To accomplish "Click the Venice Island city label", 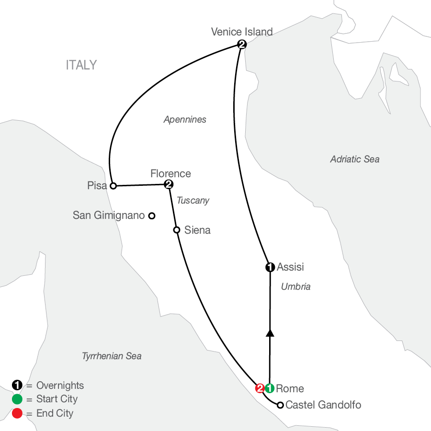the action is pyautogui.click(x=242, y=32).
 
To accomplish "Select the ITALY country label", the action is pyautogui.click(x=81, y=65).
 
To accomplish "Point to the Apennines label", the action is pyautogui.click(x=185, y=120).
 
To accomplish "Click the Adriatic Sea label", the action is pyautogui.click(x=354, y=159).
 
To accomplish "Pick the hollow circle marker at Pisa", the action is pyautogui.click(x=113, y=185).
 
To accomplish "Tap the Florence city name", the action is pyautogui.click(x=170, y=173).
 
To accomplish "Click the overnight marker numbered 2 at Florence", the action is pyautogui.click(x=168, y=184).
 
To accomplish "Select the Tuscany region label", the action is pyautogui.click(x=193, y=200).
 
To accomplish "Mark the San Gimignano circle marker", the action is pyautogui.click(x=152, y=215).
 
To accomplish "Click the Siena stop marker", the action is pyautogui.click(x=176, y=230).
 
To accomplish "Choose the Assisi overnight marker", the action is pyautogui.click(x=270, y=267).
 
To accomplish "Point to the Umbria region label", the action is pyautogui.click(x=295, y=287).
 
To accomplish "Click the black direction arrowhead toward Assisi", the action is pyautogui.click(x=270, y=332).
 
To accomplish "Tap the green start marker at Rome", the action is pyautogui.click(x=269, y=388).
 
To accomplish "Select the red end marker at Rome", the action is pyautogui.click(x=260, y=388).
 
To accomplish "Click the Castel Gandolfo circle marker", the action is pyautogui.click(x=280, y=405).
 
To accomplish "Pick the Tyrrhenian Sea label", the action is pyautogui.click(x=112, y=356).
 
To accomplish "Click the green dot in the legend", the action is pyautogui.click(x=17, y=399).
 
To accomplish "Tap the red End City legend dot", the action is pyautogui.click(x=17, y=413).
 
